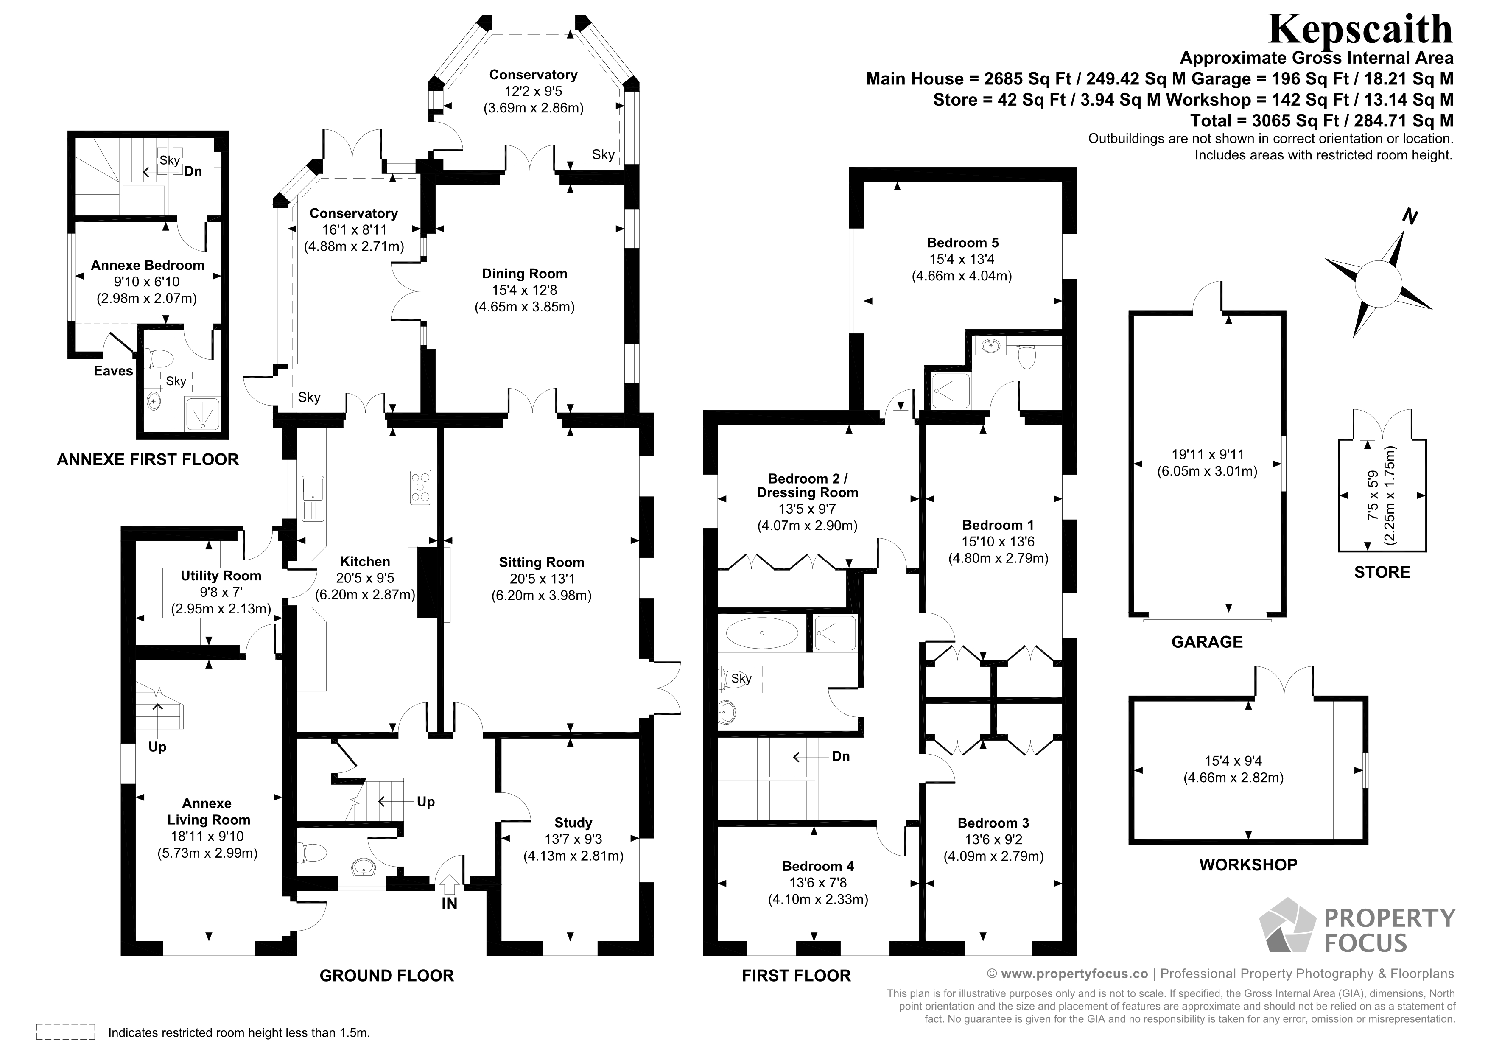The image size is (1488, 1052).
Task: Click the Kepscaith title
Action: [1359, 29]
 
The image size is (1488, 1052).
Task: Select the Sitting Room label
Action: [541, 562]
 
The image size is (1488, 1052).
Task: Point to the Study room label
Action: [573, 823]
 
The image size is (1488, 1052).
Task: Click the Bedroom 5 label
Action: [962, 243]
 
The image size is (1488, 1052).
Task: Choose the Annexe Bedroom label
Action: [147, 266]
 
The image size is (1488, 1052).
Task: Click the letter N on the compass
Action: [1410, 217]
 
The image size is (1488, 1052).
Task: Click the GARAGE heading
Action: [1207, 642]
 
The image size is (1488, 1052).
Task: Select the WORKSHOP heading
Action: [1248, 865]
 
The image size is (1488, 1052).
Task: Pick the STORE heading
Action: [1382, 572]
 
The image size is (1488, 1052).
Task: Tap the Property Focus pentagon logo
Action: [1287, 926]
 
